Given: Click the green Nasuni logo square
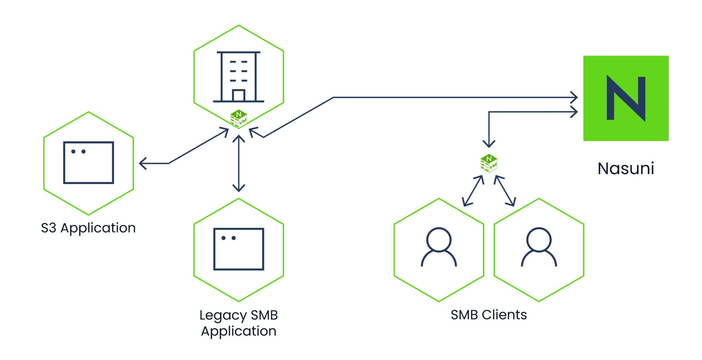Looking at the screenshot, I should pyautogui.click(x=626, y=98).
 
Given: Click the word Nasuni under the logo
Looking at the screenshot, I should pyautogui.click(x=626, y=169).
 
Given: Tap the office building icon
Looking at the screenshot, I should pyautogui.click(x=239, y=77).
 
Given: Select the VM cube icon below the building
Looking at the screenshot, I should pyautogui.click(x=239, y=119).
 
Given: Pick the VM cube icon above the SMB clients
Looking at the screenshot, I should pyautogui.click(x=489, y=163).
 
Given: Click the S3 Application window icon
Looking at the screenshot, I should pyautogui.click(x=88, y=163).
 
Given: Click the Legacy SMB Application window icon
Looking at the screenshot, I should pyautogui.click(x=239, y=249).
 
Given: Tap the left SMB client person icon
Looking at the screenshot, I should pyautogui.click(x=439, y=247).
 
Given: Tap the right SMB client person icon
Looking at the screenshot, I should pyautogui.click(x=539, y=247).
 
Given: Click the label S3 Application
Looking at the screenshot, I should pyautogui.click(x=88, y=228).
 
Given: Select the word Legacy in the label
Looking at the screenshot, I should pyautogui.click(x=223, y=315).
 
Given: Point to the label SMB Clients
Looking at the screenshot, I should pyautogui.click(x=489, y=315).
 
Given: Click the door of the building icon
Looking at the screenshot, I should pyautogui.click(x=239, y=96).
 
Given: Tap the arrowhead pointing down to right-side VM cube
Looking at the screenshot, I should pyautogui.click(x=489, y=145).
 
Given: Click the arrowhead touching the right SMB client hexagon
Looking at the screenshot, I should pyautogui.click(x=512, y=203).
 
